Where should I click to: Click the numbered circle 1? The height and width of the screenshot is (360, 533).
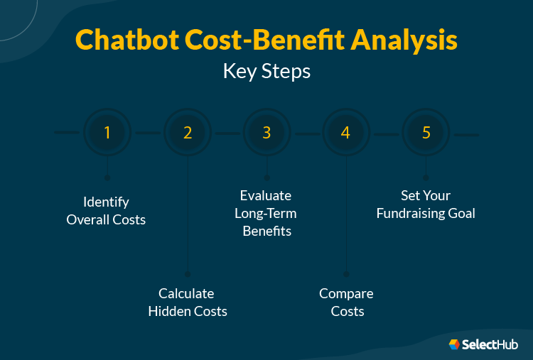107,133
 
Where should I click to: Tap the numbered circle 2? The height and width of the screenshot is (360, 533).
188,133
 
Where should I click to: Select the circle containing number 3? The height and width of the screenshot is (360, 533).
267,133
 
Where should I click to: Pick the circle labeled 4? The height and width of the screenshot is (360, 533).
346,133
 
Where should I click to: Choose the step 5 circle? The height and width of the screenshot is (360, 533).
426,133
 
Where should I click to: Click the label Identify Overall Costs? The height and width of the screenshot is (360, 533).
106,211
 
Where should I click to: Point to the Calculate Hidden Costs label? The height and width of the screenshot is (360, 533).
187,302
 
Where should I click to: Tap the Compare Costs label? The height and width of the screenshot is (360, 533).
347,302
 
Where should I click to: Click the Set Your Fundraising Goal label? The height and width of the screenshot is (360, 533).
426,204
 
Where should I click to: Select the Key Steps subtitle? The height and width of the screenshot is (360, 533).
266,72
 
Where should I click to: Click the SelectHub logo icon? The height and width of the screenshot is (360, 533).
454,344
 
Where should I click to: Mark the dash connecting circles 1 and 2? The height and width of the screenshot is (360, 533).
147,133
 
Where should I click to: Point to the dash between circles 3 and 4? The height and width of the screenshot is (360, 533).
307,133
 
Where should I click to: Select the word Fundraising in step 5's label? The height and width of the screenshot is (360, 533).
411,213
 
